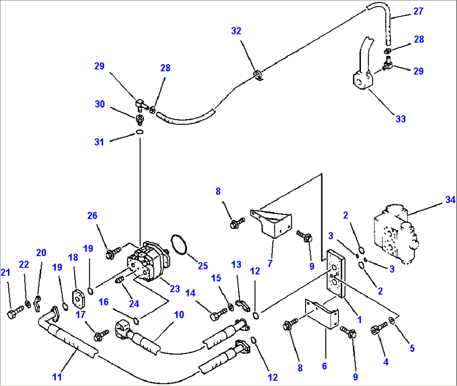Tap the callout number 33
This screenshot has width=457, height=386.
[x=401, y=119]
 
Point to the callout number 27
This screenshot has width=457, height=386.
[x=418, y=11]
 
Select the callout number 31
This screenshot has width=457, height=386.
[x=99, y=142]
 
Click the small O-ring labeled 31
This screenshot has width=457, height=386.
[x=140, y=133]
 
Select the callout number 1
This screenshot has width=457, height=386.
[x=359, y=320]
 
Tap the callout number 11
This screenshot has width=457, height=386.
[x=57, y=377]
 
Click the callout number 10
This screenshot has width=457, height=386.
[x=179, y=314]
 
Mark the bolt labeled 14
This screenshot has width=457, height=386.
[x=218, y=313]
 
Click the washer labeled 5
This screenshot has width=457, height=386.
[x=391, y=321]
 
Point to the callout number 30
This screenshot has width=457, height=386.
[x=99, y=104]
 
